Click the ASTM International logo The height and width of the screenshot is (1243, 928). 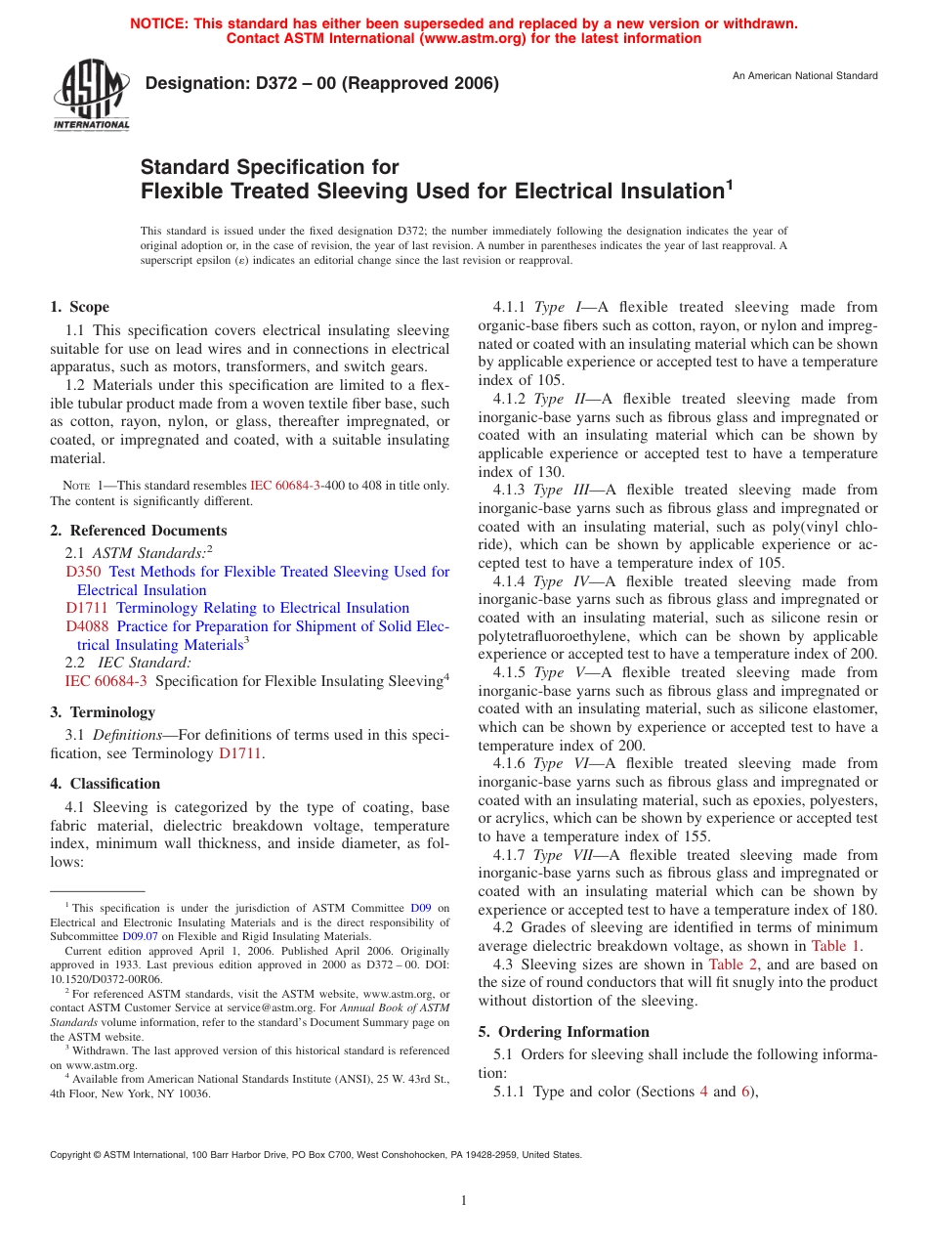coord(91,96)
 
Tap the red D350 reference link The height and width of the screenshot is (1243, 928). coord(83,572)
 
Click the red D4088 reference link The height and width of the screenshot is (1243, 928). coord(87,626)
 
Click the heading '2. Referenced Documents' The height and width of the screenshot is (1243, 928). coord(139,531)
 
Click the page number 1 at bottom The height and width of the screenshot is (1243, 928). coord(464,1201)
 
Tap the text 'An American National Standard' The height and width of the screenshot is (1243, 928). coord(805,76)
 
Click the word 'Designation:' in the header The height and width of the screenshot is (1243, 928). coord(190,84)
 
